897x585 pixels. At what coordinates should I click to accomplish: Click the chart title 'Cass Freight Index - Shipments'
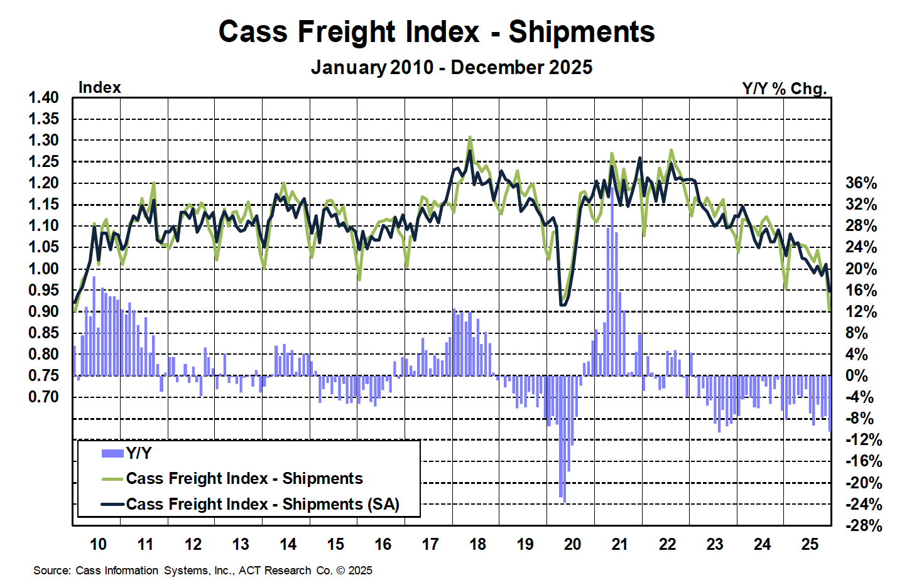click(437, 32)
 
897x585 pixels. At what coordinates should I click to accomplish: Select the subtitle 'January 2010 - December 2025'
click(451, 67)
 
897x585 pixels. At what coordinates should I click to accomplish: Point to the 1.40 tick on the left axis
click(43, 97)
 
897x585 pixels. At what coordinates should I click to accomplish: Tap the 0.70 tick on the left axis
click(43, 397)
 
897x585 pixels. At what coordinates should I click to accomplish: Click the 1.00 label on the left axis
click(43, 269)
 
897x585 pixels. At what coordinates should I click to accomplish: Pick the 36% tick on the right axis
click(861, 183)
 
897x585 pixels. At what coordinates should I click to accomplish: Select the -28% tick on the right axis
click(863, 525)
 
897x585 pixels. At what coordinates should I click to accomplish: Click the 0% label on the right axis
click(858, 375)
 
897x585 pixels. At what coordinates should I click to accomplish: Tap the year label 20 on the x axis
click(572, 544)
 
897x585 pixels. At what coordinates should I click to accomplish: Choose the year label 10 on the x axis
click(98, 544)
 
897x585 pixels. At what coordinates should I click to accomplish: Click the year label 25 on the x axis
click(810, 544)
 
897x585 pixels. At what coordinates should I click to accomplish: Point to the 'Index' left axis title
click(99, 87)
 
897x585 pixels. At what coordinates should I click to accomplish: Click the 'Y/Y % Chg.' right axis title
click(784, 89)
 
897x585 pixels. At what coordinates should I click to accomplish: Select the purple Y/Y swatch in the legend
click(112, 453)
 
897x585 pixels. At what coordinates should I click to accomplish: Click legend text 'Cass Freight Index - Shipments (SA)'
click(263, 504)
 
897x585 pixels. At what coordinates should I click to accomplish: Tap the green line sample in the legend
click(112, 479)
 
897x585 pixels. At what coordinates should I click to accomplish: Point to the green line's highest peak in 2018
click(469, 137)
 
